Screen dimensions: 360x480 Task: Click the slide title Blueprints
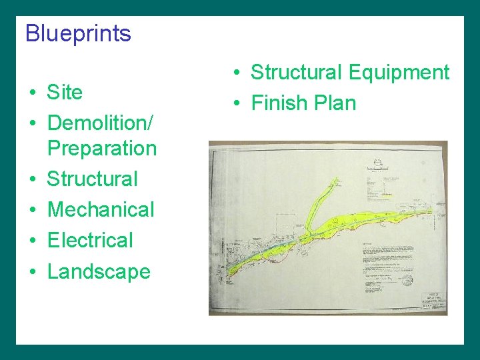click(78, 33)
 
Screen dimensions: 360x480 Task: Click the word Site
click(65, 92)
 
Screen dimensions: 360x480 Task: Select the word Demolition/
click(101, 123)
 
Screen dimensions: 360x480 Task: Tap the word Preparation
click(102, 148)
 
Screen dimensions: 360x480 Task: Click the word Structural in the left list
click(92, 179)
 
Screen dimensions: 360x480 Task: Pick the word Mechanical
click(101, 209)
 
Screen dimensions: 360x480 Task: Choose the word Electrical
click(90, 240)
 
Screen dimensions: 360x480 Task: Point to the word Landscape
click(99, 271)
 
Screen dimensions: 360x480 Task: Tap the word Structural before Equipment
click(295, 72)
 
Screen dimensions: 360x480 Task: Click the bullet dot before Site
click(32, 93)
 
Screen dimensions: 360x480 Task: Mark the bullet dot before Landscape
click(32, 272)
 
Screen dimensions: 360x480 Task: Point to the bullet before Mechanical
click(32, 210)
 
